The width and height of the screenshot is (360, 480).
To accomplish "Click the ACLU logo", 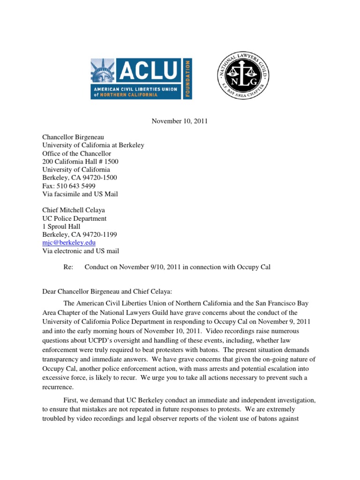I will [141, 78].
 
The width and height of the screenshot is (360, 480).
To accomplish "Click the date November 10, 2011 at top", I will [180, 121].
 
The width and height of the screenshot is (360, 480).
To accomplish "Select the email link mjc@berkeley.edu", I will [69, 243].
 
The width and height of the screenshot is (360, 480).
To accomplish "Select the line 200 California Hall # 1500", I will [80, 161].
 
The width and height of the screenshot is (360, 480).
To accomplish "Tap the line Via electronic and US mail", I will [80, 251].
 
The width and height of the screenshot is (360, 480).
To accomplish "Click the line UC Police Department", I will [74, 218].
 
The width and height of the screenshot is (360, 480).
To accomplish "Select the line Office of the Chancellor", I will [76, 153].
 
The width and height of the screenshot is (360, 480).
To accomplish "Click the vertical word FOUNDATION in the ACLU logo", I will [187, 78].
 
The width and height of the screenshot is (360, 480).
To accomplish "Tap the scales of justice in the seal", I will [242, 70].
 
